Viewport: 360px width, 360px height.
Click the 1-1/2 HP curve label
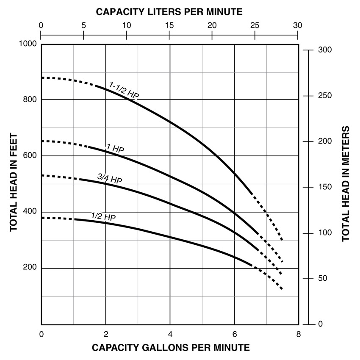(x=124, y=90)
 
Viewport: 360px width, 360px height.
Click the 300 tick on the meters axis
(x=324, y=50)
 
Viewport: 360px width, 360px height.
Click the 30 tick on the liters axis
(x=298, y=25)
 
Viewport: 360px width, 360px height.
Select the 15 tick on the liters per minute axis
(x=169, y=25)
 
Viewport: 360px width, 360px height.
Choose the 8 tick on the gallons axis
(x=298, y=334)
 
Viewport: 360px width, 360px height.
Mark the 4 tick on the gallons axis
(x=170, y=334)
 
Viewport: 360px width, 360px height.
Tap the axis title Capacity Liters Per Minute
(x=169, y=11)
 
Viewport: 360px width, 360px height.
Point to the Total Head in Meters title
(x=346, y=184)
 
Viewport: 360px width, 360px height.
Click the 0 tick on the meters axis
(x=321, y=324)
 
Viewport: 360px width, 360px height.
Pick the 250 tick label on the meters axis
(x=324, y=96)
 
